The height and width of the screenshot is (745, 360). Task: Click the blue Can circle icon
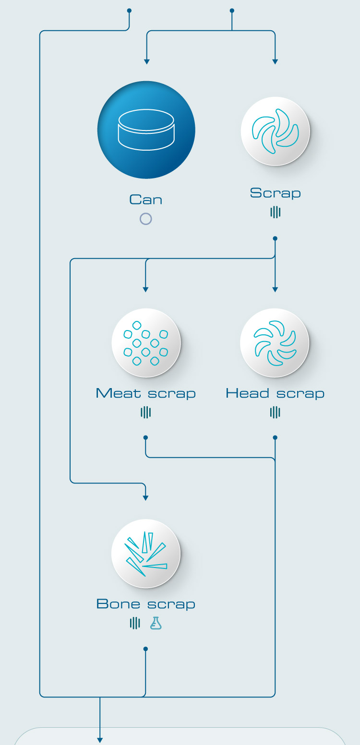146,130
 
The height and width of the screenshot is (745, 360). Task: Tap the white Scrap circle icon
275,131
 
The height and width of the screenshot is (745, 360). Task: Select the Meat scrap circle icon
146,343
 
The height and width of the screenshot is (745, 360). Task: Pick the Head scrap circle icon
275,343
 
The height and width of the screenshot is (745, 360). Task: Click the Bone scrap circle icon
146,554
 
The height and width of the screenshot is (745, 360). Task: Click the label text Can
146,200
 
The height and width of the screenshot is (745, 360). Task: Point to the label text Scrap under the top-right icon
276,193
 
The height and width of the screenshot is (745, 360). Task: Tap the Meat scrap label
146,393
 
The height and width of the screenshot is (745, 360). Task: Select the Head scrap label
275,393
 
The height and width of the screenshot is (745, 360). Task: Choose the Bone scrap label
146,604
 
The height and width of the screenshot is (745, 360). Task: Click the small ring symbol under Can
146,219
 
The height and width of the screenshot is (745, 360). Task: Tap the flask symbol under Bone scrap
156,623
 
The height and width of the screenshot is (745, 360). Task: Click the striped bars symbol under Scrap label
276,212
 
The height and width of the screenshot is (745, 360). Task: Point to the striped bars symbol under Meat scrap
146,413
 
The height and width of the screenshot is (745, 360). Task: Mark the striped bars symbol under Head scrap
275,413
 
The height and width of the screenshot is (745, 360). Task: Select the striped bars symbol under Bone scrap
135,623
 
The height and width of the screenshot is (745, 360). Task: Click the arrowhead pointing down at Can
147,62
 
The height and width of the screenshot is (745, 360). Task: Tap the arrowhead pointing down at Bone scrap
145,498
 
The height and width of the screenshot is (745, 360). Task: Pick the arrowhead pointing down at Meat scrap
145,290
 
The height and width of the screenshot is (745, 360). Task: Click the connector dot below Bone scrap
145,649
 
